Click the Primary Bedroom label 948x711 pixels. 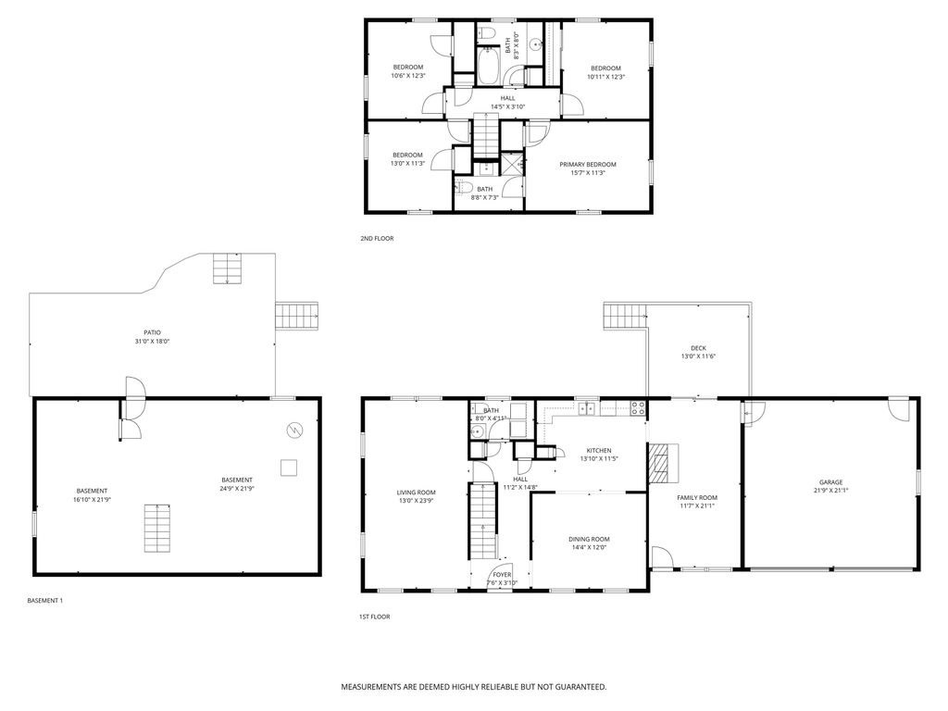[587, 165]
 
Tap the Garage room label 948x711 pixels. [830, 482]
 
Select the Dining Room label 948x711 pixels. [589, 539]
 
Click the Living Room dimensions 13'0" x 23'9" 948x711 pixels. [416, 501]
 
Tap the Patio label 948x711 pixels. [152, 332]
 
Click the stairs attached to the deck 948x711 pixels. [625, 318]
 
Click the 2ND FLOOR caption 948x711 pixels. [377, 239]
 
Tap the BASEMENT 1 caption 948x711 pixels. [45, 601]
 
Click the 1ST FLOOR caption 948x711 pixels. [375, 617]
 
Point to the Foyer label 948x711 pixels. [502, 575]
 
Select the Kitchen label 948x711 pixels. [599, 450]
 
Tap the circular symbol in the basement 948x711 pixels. [294, 430]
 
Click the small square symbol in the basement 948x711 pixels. [290, 467]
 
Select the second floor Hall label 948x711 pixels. [507, 98]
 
